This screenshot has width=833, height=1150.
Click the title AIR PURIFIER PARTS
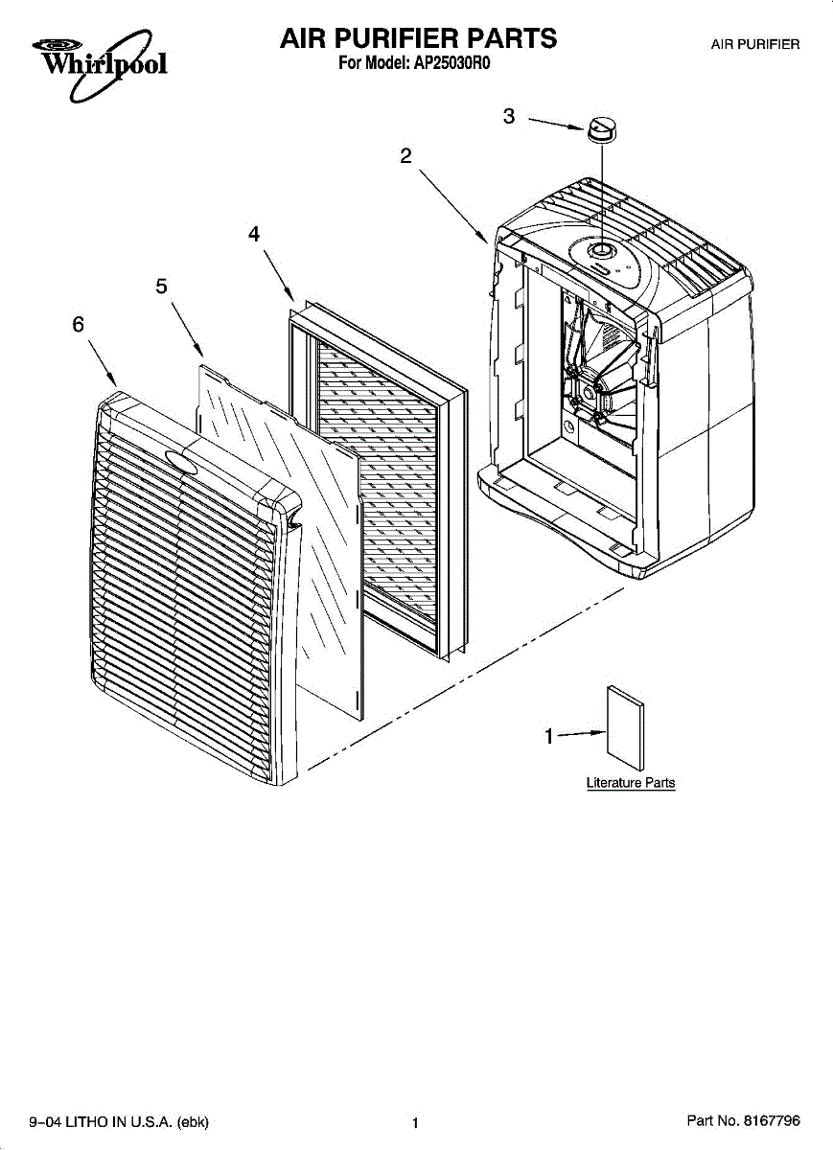pyautogui.click(x=418, y=39)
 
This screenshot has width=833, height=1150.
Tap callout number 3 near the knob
pyautogui.click(x=509, y=117)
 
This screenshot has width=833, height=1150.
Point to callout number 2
pyautogui.click(x=406, y=156)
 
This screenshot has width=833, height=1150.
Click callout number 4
pyautogui.click(x=254, y=233)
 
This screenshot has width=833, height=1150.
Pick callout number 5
pyautogui.click(x=161, y=286)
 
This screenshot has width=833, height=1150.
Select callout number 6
pyautogui.click(x=78, y=324)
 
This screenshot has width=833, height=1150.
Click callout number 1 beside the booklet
pyautogui.click(x=549, y=737)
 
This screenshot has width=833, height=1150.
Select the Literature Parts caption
pyautogui.click(x=631, y=783)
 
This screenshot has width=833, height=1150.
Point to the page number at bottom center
pyautogui.click(x=415, y=1122)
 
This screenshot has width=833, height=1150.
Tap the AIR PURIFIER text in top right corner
pyautogui.click(x=755, y=44)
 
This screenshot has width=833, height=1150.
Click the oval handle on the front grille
pyautogui.click(x=182, y=461)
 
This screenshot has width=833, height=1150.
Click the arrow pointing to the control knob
pyautogui.click(x=557, y=125)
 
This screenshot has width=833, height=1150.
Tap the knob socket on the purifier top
pyautogui.click(x=600, y=251)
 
